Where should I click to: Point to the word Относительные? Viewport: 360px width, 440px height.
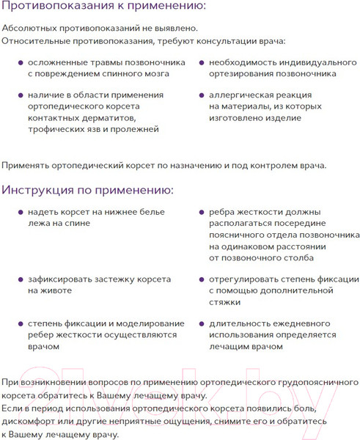tap(36, 42)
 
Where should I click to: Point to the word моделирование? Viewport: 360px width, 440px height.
tap(143, 323)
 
